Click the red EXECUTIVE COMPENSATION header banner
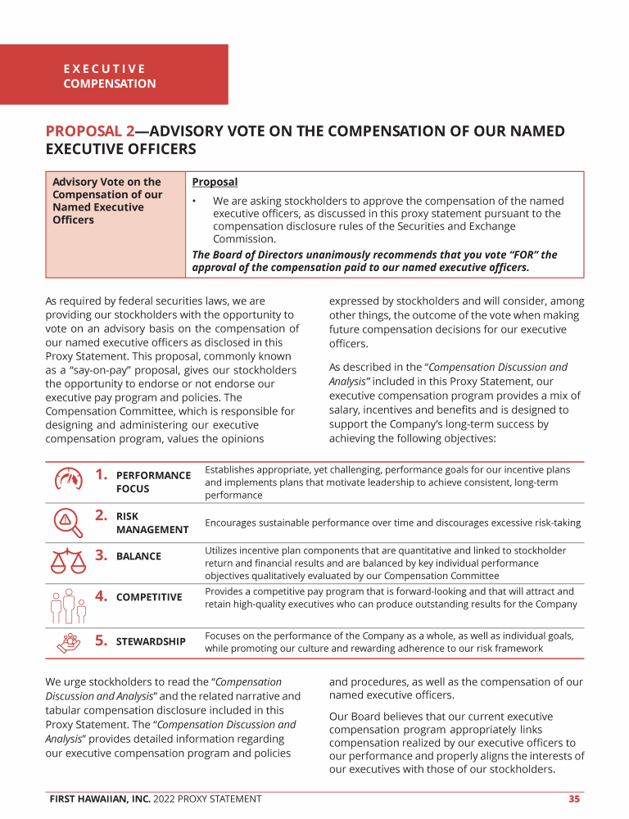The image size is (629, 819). pyautogui.click(x=114, y=75)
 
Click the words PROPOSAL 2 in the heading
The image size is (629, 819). pyautogui.click(x=90, y=131)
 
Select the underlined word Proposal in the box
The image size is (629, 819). pyautogui.click(x=215, y=182)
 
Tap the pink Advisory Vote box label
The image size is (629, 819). pyautogui.click(x=107, y=201)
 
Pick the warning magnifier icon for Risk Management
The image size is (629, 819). pyautogui.click(x=68, y=521)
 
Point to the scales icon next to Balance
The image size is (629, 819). pyautogui.click(x=68, y=559)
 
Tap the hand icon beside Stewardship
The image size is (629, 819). pyautogui.click(x=68, y=643)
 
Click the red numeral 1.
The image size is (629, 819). pyautogui.click(x=102, y=474)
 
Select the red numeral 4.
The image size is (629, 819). pyautogui.click(x=102, y=596)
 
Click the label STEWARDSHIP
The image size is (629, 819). pyautogui.click(x=151, y=641)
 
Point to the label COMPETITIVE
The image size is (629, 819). pyautogui.click(x=149, y=597)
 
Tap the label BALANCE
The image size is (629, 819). pyautogui.click(x=138, y=556)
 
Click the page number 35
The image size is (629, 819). pyautogui.click(x=575, y=799)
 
